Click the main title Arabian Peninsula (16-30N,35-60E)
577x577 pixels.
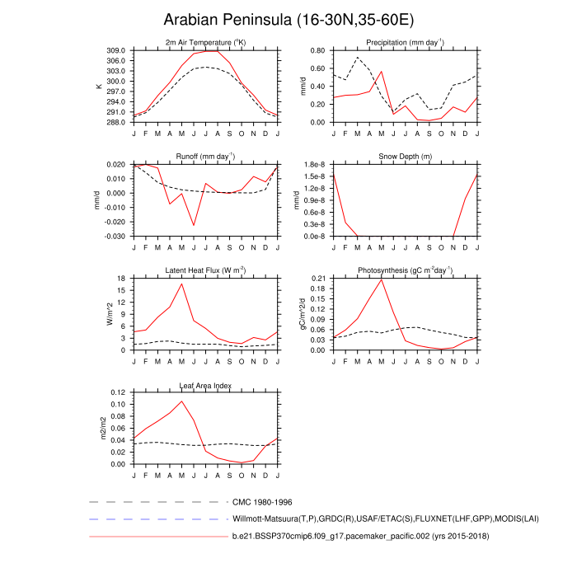(x=288, y=19)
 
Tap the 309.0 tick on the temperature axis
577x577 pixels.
(x=115, y=50)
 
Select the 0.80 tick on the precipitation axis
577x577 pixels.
(x=317, y=50)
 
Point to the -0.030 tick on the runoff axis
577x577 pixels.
(x=113, y=236)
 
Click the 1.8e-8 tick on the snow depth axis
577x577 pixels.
(x=314, y=165)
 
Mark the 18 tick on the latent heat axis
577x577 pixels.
(x=120, y=279)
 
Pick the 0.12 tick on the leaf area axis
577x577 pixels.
(x=116, y=392)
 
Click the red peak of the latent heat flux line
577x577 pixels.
(x=181, y=284)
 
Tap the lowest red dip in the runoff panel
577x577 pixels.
(x=194, y=225)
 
